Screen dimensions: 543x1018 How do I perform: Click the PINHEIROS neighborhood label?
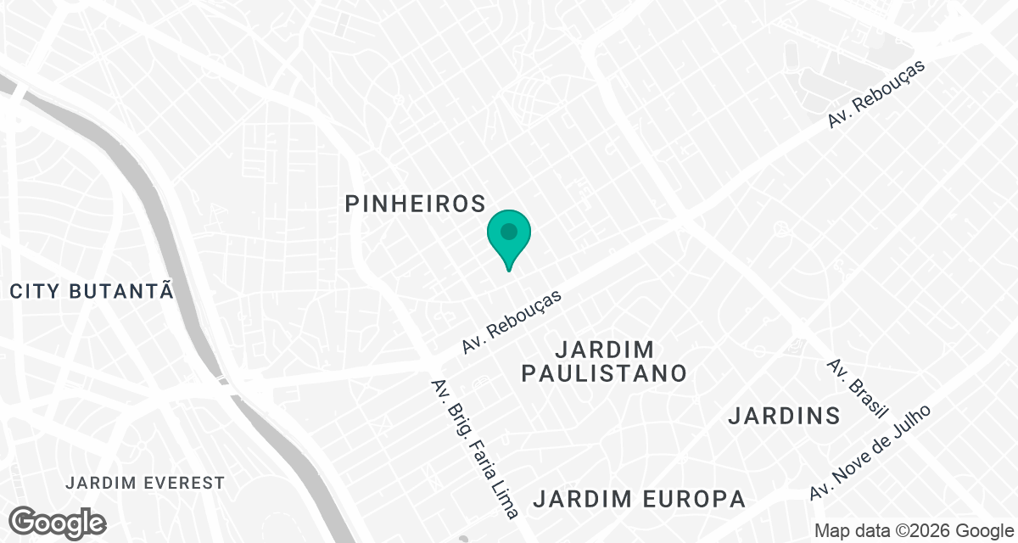click(416, 204)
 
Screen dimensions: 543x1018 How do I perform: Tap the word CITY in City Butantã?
click(35, 292)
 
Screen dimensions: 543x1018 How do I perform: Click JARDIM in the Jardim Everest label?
click(96, 484)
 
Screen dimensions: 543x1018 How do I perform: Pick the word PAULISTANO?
click(603, 373)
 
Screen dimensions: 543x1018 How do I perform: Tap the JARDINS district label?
click(784, 416)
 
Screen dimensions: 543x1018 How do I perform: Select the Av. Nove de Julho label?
click(870, 452)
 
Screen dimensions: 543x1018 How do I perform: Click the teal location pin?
click(509, 238)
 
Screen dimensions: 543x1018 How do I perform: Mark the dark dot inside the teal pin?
click(509, 231)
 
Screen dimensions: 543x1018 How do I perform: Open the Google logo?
click(58, 522)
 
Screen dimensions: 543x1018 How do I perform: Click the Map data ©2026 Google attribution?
click(912, 531)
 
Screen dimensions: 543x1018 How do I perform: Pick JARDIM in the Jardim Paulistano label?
click(605, 350)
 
